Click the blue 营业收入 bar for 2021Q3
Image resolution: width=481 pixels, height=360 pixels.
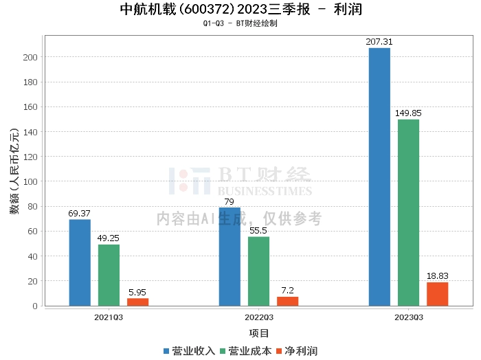[x=80, y=262]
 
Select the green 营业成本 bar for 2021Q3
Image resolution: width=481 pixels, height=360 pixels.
[x=109, y=275]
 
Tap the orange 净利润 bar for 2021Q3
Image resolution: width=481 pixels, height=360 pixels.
[x=137, y=302]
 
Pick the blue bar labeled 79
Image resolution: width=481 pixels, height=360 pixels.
[x=230, y=256]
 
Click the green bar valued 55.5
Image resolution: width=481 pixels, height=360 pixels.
[x=258, y=271]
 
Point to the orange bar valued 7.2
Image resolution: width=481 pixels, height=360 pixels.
[x=287, y=301]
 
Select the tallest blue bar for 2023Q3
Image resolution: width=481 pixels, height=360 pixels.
[x=379, y=177]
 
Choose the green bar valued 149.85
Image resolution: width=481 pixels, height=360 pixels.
[x=408, y=212]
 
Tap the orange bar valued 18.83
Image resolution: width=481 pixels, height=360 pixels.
[x=437, y=294]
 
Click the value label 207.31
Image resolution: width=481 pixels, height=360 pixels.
[x=379, y=42]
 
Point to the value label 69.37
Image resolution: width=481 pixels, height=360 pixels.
[x=80, y=214]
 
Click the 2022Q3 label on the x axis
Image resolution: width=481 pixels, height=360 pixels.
[x=258, y=317]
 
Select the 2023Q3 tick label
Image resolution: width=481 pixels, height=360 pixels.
[x=408, y=317]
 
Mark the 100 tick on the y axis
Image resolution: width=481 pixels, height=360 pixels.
[x=30, y=181]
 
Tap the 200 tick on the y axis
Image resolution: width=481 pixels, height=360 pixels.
[x=30, y=57]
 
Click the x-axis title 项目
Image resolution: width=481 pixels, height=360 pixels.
[x=258, y=334]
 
